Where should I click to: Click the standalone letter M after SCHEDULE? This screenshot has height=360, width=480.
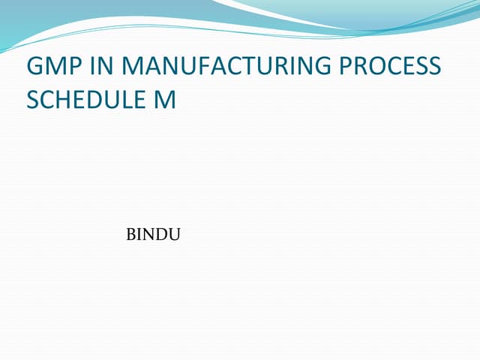tap(166, 100)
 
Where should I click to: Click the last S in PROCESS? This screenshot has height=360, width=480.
tap(435, 67)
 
